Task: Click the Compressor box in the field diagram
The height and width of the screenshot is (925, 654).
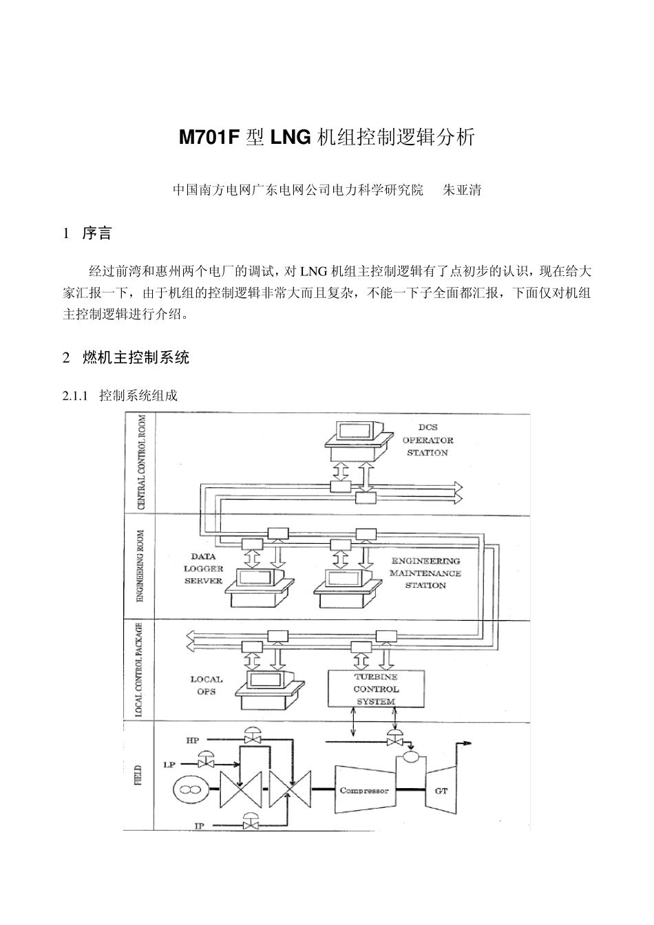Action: (x=364, y=791)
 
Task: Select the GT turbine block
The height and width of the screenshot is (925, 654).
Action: (x=441, y=791)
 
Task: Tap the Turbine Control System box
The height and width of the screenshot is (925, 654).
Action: (x=376, y=689)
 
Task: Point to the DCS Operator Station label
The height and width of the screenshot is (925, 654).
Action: (x=428, y=440)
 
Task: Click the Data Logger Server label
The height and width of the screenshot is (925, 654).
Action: (x=203, y=568)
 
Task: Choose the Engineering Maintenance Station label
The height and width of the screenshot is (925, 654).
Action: (x=425, y=573)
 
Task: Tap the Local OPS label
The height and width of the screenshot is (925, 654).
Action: (x=206, y=685)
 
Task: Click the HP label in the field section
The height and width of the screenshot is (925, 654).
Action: (x=192, y=741)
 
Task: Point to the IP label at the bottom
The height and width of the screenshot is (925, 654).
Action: (x=198, y=825)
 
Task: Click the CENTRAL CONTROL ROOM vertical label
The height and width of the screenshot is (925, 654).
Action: (x=142, y=462)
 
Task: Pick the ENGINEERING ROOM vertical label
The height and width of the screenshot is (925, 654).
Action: (x=141, y=566)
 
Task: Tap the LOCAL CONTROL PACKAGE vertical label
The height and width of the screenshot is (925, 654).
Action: (x=140, y=670)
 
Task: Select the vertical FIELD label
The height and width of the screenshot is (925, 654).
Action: (x=140, y=776)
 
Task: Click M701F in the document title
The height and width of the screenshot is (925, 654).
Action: (x=209, y=138)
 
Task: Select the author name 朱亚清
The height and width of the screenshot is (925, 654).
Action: (x=461, y=190)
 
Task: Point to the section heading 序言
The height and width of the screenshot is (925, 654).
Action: (x=97, y=234)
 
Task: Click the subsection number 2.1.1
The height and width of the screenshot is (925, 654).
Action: (x=76, y=396)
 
